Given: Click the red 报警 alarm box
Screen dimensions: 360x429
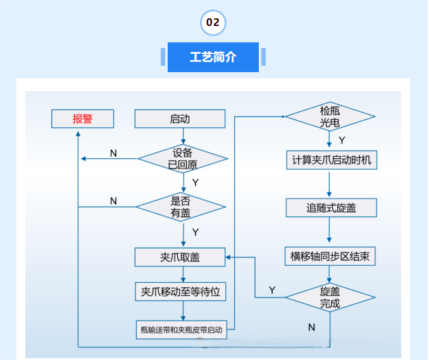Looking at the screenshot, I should (x=82, y=118).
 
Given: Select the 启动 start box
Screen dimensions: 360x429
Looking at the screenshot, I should (x=180, y=118).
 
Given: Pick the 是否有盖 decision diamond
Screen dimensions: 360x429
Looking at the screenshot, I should (x=181, y=207).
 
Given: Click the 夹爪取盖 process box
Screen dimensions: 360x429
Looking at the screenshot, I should (x=180, y=257).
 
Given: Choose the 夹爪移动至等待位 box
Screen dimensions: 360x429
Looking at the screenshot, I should (x=180, y=292).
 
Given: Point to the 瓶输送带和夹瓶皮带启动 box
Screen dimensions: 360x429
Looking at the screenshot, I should (x=181, y=330).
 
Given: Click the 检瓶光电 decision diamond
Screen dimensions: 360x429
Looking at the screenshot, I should (x=330, y=116).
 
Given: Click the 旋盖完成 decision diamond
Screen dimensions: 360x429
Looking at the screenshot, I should (x=330, y=297).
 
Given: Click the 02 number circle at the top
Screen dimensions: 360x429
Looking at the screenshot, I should (x=213, y=23).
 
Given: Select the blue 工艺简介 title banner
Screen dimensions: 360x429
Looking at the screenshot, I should (x=213, y=57).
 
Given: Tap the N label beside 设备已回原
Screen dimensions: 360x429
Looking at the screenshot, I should (x=113, y=153).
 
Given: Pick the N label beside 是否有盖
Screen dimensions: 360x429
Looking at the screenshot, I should (x=113, y=201).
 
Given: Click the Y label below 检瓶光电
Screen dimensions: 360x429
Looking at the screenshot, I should (x=342, y=140).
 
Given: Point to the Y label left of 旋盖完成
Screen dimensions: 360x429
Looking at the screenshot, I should (x=272, y=290).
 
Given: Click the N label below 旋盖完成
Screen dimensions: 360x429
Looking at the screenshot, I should (x=311, y=327).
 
